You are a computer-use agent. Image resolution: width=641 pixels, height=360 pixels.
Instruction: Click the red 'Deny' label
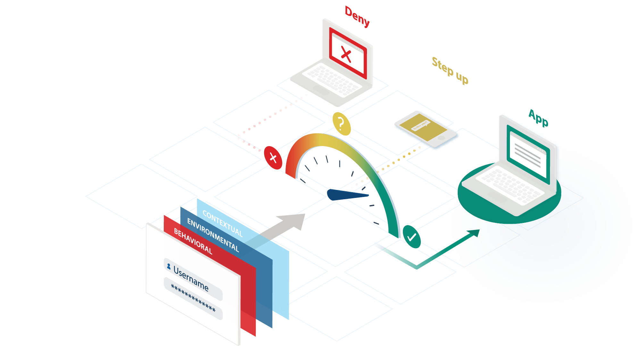coord(357,17)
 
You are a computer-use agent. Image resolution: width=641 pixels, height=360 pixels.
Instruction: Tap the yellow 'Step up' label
coord(450,70)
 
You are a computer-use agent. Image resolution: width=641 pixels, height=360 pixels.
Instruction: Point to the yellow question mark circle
coord(341,124)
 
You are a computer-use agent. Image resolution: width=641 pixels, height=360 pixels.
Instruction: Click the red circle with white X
coord(273,158)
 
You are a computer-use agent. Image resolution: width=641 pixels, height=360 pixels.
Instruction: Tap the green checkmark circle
coord(412,237)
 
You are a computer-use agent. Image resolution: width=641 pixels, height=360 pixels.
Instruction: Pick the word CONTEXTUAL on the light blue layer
coord(222,224)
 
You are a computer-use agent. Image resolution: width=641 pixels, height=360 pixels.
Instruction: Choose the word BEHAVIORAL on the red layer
coord(193,241)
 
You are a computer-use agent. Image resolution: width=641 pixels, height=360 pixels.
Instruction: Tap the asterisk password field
coord(193,298)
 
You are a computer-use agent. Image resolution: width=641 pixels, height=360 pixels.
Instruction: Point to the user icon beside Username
coord(169,266)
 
